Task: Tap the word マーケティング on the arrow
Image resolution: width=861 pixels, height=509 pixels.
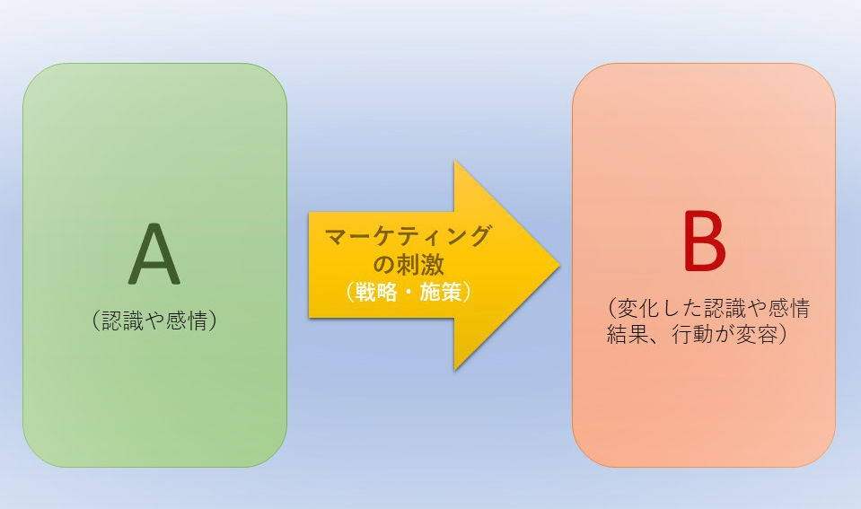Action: click(x=409, y=237)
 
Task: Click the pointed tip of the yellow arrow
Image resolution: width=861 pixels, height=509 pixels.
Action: click(x=558, y=266)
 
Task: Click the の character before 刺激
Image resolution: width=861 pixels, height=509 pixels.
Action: click(x=383, y=265)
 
